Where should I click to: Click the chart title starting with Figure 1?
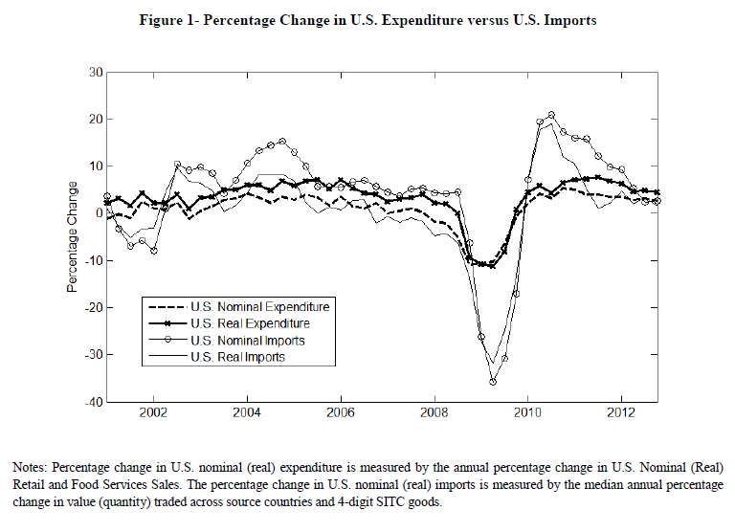click(x=367, y=21)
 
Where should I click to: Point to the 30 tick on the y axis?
click(x=95, y=72)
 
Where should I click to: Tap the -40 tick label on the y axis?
click(x=93, y=402)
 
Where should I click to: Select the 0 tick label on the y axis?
click(x=98, y=213)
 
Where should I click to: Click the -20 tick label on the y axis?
click(x=93, y=307)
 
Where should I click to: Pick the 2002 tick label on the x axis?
click(x=153, y=416)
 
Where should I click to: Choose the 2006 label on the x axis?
click(x=341, y=416)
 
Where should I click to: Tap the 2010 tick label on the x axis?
click(x=527, y=416)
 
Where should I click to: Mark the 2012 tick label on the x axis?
click(x=621, y=416)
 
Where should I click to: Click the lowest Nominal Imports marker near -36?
click(x=493, y=381)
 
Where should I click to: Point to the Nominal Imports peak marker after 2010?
click(x=551, y=115)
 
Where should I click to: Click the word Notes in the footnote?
click(x=30, y=468)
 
